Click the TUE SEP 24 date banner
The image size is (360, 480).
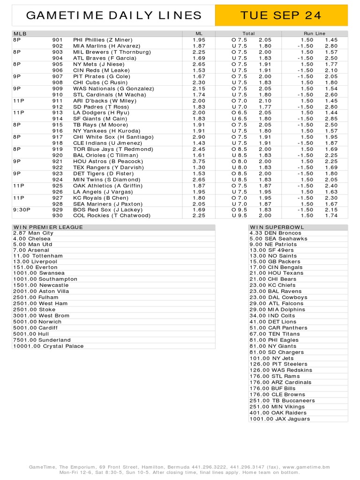[x=281, y=15]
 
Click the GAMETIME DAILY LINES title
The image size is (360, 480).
[x=114, y=15]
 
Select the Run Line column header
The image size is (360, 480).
[x=314, y=34]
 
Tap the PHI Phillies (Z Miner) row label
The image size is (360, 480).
[x=103, y=40]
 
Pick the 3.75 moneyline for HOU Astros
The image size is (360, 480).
[x=199, y=161]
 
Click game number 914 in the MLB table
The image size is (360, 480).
[x=57, y=119]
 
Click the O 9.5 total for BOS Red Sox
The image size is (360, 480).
[x=240, y=210]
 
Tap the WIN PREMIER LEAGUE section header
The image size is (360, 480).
[x=48, y=227]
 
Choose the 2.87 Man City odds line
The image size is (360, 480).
[x=33, y=233]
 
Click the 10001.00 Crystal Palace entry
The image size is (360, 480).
[x=48, y=346]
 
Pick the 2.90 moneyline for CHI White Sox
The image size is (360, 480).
[x=199, y=137]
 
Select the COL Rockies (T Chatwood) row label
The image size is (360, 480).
[x=112, y=216]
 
